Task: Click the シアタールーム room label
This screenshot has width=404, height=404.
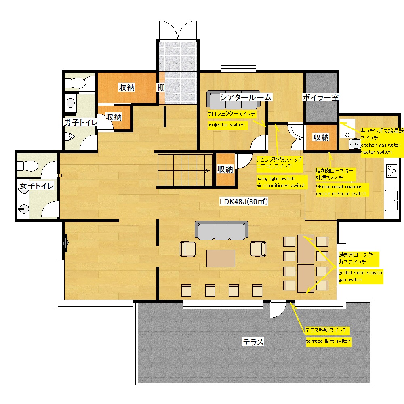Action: coord(246,97)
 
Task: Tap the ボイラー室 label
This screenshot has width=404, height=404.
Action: coord(320,97)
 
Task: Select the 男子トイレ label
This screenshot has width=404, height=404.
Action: coord(81,122)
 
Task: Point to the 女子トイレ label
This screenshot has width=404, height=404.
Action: coord(37,186)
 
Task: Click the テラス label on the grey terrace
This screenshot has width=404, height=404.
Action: coord(253,342)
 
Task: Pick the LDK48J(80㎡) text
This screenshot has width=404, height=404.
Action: coord(244,201)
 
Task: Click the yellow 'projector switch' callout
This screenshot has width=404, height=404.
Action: coord(226,125)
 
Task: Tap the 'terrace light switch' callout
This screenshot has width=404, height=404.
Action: coord(328,341)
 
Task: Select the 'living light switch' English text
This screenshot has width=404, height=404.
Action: coord(276,178)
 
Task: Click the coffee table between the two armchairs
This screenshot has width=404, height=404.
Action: coord(221,259)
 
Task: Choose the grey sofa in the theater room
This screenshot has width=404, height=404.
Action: coord(234,100)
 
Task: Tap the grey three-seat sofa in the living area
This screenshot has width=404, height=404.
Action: coord(221,230)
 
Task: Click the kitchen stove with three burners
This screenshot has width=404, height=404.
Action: coord(391,171)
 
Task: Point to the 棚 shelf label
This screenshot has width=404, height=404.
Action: coord(161,88)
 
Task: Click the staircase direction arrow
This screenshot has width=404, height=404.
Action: coord(207,170)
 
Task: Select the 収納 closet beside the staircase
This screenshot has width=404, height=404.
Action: coord(225,169)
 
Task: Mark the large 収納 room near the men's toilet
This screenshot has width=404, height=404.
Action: coord(127,88)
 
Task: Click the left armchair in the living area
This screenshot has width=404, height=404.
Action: coord(187,249)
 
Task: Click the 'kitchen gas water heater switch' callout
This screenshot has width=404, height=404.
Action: coord(382,141)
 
